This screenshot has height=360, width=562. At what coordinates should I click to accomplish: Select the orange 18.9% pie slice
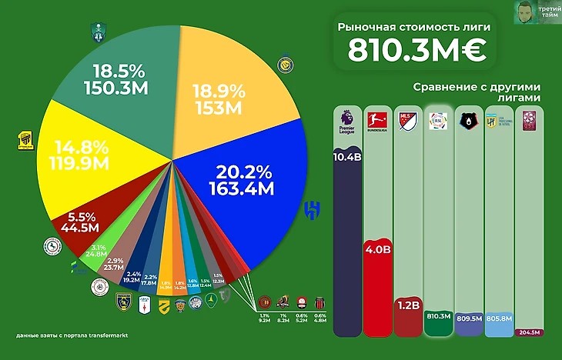pos(223,85)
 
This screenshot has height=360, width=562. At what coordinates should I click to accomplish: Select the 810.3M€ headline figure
pos(415,51)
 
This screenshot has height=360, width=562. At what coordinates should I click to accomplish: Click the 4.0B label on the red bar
pos(376,249)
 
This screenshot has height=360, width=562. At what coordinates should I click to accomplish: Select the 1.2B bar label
pos(406,305)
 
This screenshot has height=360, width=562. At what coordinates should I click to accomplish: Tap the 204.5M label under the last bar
pos(528,332)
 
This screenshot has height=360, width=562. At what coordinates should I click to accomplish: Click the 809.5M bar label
pos(468,315)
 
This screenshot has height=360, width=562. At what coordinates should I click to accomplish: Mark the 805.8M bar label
pos(498,315)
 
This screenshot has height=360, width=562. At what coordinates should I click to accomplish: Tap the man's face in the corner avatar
pos(525,11)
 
